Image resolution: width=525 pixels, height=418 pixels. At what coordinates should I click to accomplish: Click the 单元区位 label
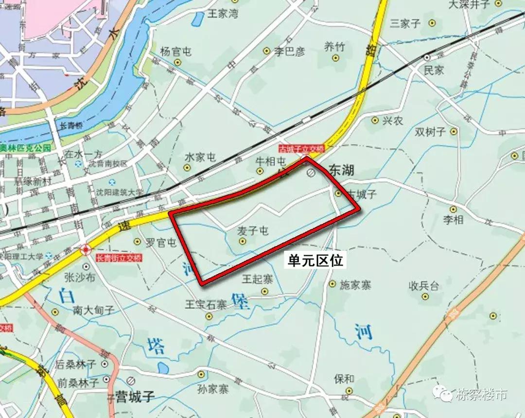point(315,261)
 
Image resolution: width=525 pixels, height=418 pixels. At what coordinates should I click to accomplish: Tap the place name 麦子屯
point(253,231)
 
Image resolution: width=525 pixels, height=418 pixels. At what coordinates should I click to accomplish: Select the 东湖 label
point(342,171)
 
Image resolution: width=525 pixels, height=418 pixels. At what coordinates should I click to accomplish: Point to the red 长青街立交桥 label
point(119,259)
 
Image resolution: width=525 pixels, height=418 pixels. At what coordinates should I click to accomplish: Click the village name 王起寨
point(258,279)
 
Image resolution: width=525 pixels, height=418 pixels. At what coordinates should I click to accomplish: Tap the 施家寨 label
point(355,285)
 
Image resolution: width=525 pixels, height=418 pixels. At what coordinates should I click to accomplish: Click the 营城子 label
point(135,397)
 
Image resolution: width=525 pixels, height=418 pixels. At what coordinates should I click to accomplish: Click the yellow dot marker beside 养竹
point(335,58)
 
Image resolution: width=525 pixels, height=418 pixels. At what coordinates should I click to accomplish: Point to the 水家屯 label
point(200,157)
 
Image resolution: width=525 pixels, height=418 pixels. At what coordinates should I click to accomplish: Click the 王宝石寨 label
point(206,305)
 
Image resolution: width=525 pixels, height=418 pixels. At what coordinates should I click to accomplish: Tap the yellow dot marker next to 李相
point(453,209)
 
